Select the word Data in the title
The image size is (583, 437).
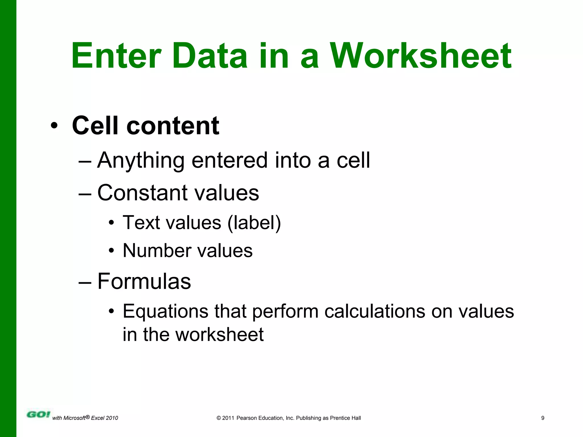point(210,56)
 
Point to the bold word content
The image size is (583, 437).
point(173,126)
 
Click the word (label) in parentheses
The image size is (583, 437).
point(254,222)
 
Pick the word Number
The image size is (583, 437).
point(157,251)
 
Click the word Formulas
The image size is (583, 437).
point(144,281)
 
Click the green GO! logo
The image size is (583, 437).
point(38,415)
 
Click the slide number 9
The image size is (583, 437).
point(543,418)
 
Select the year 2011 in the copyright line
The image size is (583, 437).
point(228,418)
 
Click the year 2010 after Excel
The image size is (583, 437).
point(112,418)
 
